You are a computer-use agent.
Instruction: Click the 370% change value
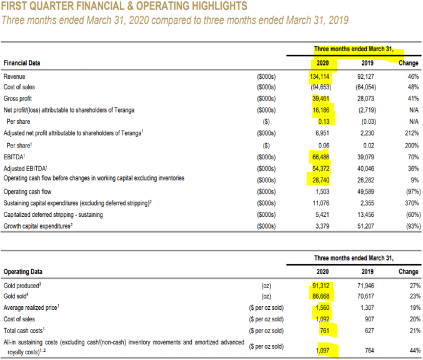click(409, 203)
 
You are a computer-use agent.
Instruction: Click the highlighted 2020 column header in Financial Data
click(322, 63)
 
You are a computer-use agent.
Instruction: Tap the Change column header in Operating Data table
click(408, 272)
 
